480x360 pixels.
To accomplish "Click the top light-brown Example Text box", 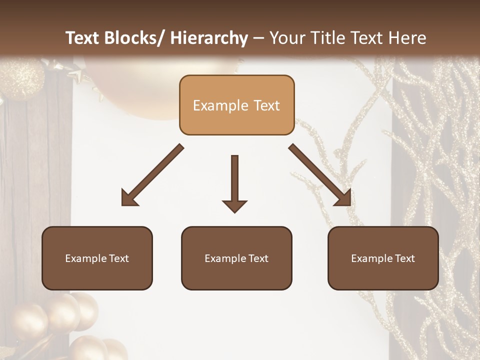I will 236,105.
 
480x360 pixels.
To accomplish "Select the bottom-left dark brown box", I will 97,258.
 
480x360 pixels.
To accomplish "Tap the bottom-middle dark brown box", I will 236,258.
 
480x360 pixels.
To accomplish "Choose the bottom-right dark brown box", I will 383,258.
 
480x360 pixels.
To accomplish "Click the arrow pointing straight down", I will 234,183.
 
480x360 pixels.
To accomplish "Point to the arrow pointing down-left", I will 152,175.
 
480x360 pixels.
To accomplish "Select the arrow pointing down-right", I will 320,175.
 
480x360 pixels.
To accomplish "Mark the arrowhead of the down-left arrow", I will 129,198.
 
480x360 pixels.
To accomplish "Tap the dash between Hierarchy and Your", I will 258,39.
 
